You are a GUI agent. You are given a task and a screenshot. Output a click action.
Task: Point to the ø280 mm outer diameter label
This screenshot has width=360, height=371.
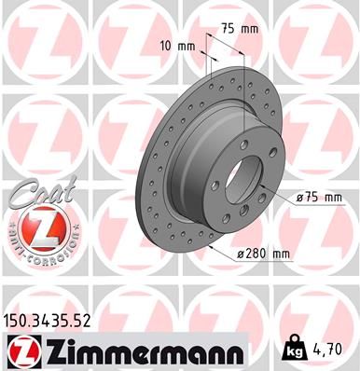pyautogui.click(x=266, y=253)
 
